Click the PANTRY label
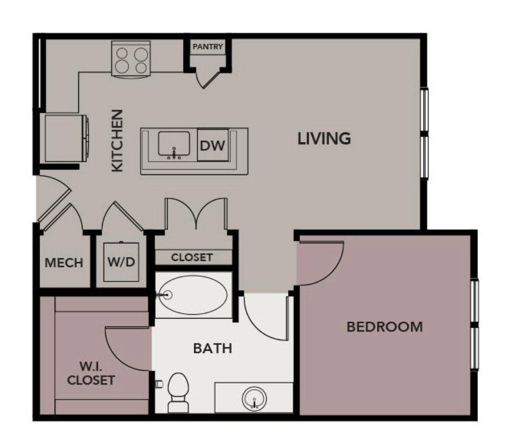coord(208,47)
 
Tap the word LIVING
coord(324,139)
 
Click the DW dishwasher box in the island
coord(212,145)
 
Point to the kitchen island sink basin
coord(173,144)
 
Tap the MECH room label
coord(64,263)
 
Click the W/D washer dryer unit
coord(121,263)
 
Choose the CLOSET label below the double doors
coord(192,257)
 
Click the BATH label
coord(213,348)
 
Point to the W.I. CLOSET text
coord(91,374)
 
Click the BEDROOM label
coord(384,326)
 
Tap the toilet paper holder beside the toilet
coord(159,384)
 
